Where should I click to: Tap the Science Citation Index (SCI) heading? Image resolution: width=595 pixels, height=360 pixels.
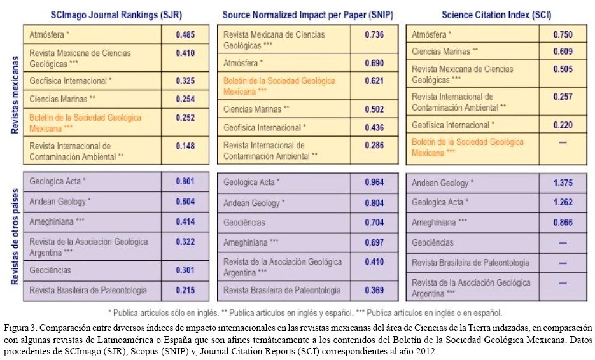click(496, 13)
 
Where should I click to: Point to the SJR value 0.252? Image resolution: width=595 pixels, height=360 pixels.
click(186, 117)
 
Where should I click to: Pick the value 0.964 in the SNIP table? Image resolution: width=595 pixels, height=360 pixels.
click(374, 183)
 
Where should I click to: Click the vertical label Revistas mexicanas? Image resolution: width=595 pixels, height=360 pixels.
click(14, 95)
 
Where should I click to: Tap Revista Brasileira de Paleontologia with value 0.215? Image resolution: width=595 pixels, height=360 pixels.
click(88, 290)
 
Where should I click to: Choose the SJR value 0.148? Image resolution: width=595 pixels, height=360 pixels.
click(186, 146)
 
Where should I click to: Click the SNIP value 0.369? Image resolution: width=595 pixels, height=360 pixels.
click(374, 290)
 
